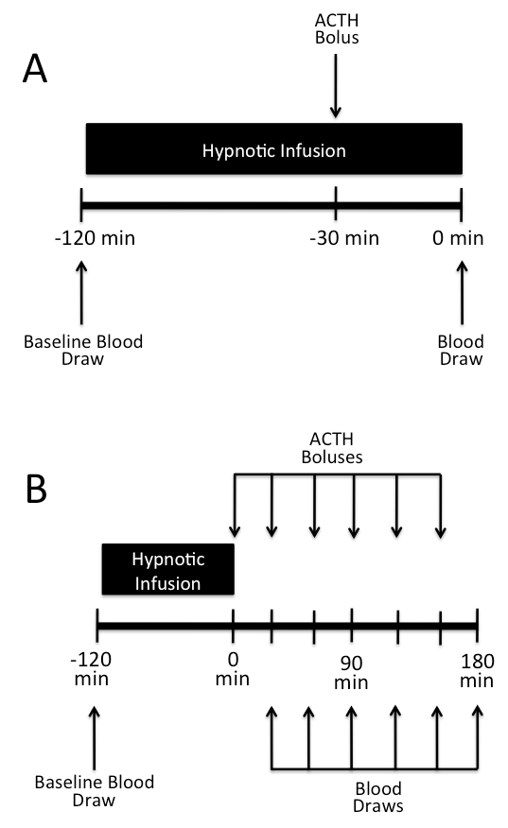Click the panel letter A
(35, 69)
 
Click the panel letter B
(36, 489)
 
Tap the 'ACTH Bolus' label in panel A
(337, 28)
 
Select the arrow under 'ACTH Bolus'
(335, 86)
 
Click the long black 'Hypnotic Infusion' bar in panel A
(273, 149)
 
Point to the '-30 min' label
(344, 238)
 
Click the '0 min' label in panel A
(458, 238)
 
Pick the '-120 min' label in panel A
(95, 238)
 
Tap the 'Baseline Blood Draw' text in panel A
(83, 350)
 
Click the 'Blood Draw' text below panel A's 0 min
(461, 350)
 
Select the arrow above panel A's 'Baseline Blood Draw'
(81, 293)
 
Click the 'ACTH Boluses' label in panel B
(332, 448)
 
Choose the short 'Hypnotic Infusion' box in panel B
(168, 569)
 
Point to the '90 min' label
(351, 673)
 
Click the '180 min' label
(477, 671)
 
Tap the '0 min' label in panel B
(233, 669)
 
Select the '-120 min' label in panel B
(91, 669)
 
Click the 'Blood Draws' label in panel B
(378, 798)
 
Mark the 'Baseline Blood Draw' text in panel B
(94, 791)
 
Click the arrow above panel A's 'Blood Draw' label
(462, 293)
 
